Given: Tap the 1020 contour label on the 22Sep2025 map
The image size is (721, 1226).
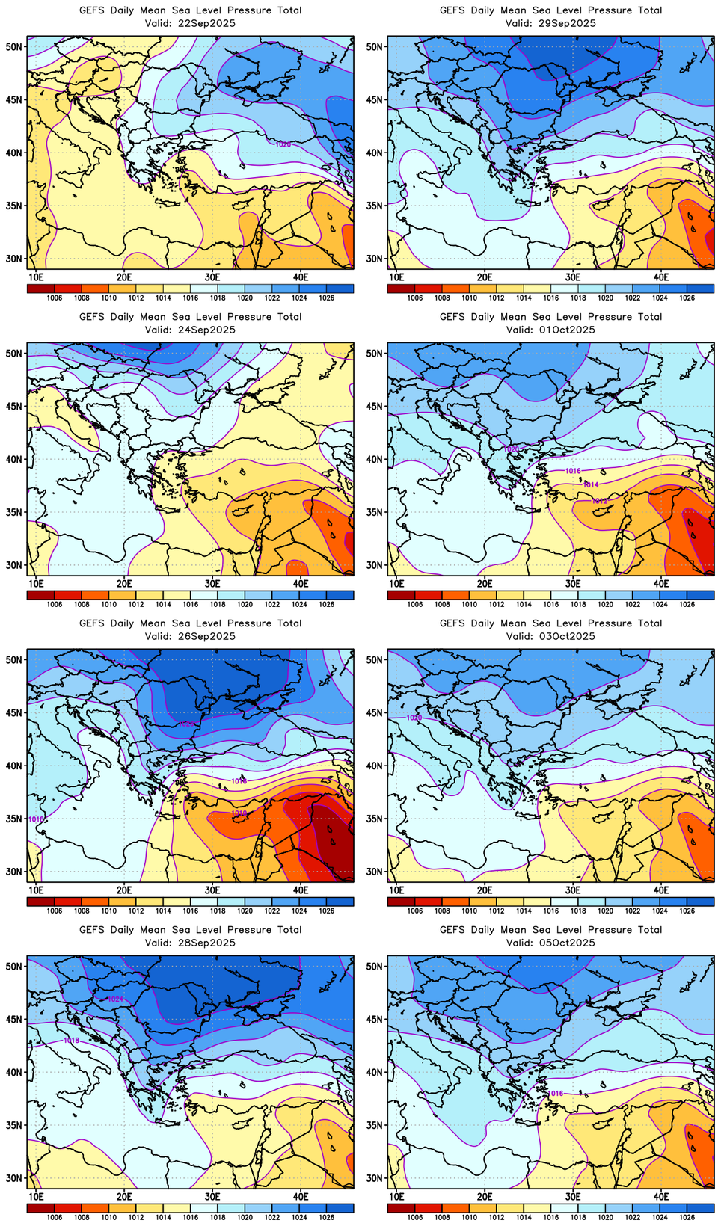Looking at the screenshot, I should tap(283, 144).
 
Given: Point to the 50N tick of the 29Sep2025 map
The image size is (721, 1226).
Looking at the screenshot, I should tap(375, 46).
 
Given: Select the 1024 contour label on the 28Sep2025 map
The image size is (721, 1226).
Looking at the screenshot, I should tap(115, 999).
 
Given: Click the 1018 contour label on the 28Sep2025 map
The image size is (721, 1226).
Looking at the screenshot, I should tap(71, 1041).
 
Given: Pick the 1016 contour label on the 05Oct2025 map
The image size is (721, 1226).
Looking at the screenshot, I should tap(556, 1094).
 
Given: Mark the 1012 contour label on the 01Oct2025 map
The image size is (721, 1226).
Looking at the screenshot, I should tap(600, 501).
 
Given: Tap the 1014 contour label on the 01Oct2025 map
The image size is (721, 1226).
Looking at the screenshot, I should tap(591, 485).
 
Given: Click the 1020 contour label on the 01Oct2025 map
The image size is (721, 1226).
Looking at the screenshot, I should tap(512, 449).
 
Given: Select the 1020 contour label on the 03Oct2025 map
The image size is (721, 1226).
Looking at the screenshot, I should tap(414, 718).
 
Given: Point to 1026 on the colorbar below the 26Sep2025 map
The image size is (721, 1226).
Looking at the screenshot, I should tap(327, 911).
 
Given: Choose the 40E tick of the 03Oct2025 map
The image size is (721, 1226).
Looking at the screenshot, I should tap(661, 890).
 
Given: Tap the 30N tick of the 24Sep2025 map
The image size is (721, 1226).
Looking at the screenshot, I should tap(15, 565).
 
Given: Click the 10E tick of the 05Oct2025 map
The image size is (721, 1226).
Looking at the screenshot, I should tap(396, 1197).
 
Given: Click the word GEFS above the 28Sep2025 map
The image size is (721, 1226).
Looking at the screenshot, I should tap(92, 930).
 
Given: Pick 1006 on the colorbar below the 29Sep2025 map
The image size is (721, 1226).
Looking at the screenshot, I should tap(415, 298).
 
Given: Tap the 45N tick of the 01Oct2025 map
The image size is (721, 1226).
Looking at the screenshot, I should tap(375, 406).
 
